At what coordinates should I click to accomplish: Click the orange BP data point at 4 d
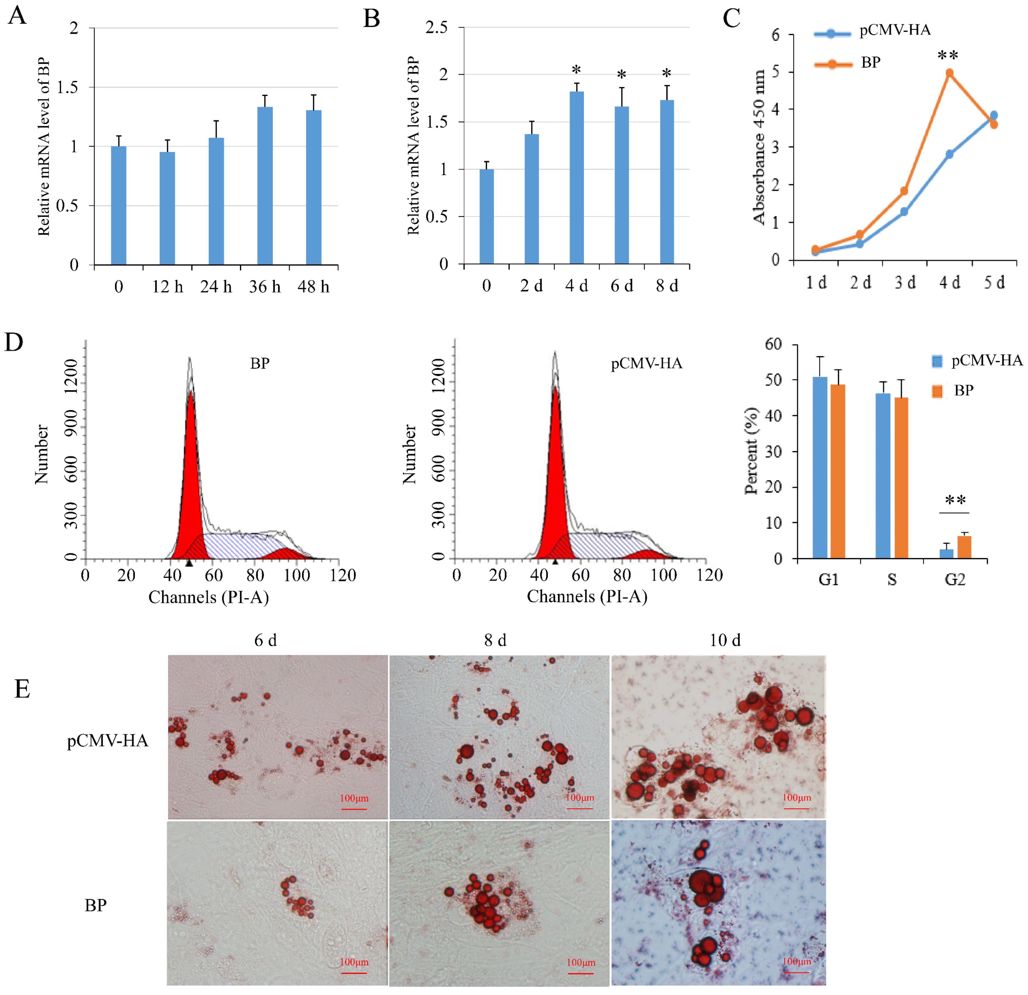(x=949, y=73)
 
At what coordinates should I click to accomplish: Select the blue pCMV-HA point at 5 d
(x=993, y=115)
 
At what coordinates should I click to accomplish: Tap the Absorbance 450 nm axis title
(x=759, y=147)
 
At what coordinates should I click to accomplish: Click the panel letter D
(x=14, y=342)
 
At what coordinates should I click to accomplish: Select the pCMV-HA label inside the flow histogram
(x=646, y=364)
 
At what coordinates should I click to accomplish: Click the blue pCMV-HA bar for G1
(x=820, y=467)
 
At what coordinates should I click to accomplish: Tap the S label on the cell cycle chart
(x=892, y=579)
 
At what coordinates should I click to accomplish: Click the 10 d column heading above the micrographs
(x=725, y=640)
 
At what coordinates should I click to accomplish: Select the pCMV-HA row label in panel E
(x=107, y=740)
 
